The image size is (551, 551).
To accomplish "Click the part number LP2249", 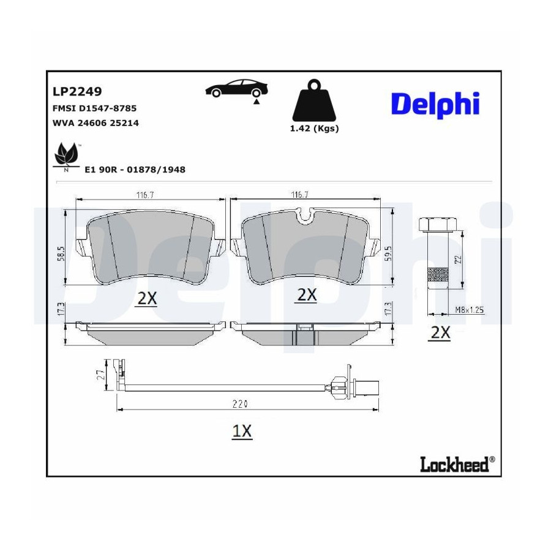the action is pyautogui.click(x=77, y=91).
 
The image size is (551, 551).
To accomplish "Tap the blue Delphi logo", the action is pyautogui.click(x=435, y=104).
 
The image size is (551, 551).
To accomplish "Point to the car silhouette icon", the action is pyautogui.click(x=236, y=89).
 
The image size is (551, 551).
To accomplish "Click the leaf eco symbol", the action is pyautogui.click(x=66, y=155).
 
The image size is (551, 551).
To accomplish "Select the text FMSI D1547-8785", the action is pyautogui.click(x=94, y=108).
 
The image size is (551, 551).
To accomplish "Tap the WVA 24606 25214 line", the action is pyautogui.click(x=96, y=123).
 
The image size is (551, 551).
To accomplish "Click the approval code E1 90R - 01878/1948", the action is pyautogui.click(x=135, y=170).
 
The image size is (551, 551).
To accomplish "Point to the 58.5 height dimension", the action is pyautogui.click(x=61, y=253).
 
